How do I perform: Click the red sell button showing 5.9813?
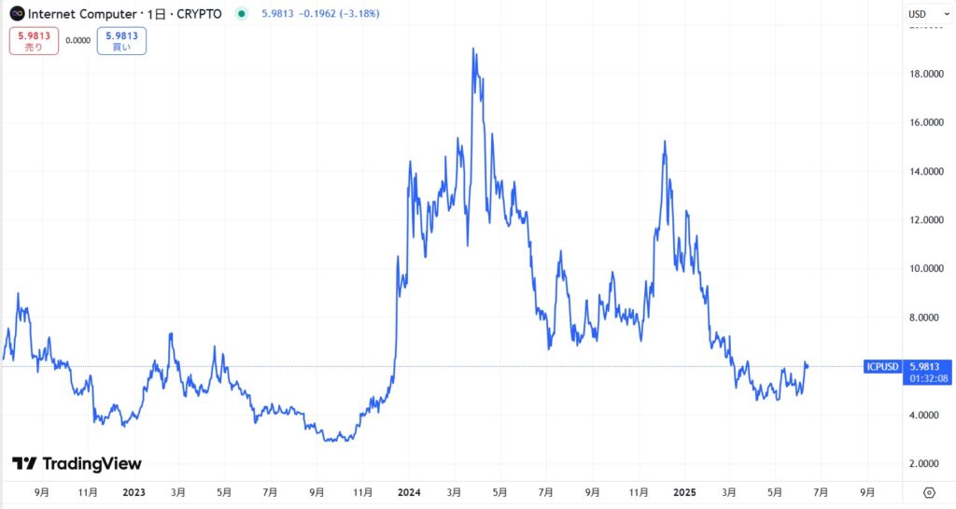point(34,41)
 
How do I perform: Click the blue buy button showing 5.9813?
point(121,41)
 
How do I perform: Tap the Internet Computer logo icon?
point(17,14)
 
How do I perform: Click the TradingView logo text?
point(77,463)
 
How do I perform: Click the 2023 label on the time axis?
point(133,491)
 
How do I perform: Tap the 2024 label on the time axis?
point(407,491)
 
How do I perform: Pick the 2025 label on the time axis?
point(685,491)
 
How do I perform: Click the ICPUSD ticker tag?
point(882,366)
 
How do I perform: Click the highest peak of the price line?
point(474,49)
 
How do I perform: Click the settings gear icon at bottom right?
point(929,492)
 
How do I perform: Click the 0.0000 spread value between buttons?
point(78,40)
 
